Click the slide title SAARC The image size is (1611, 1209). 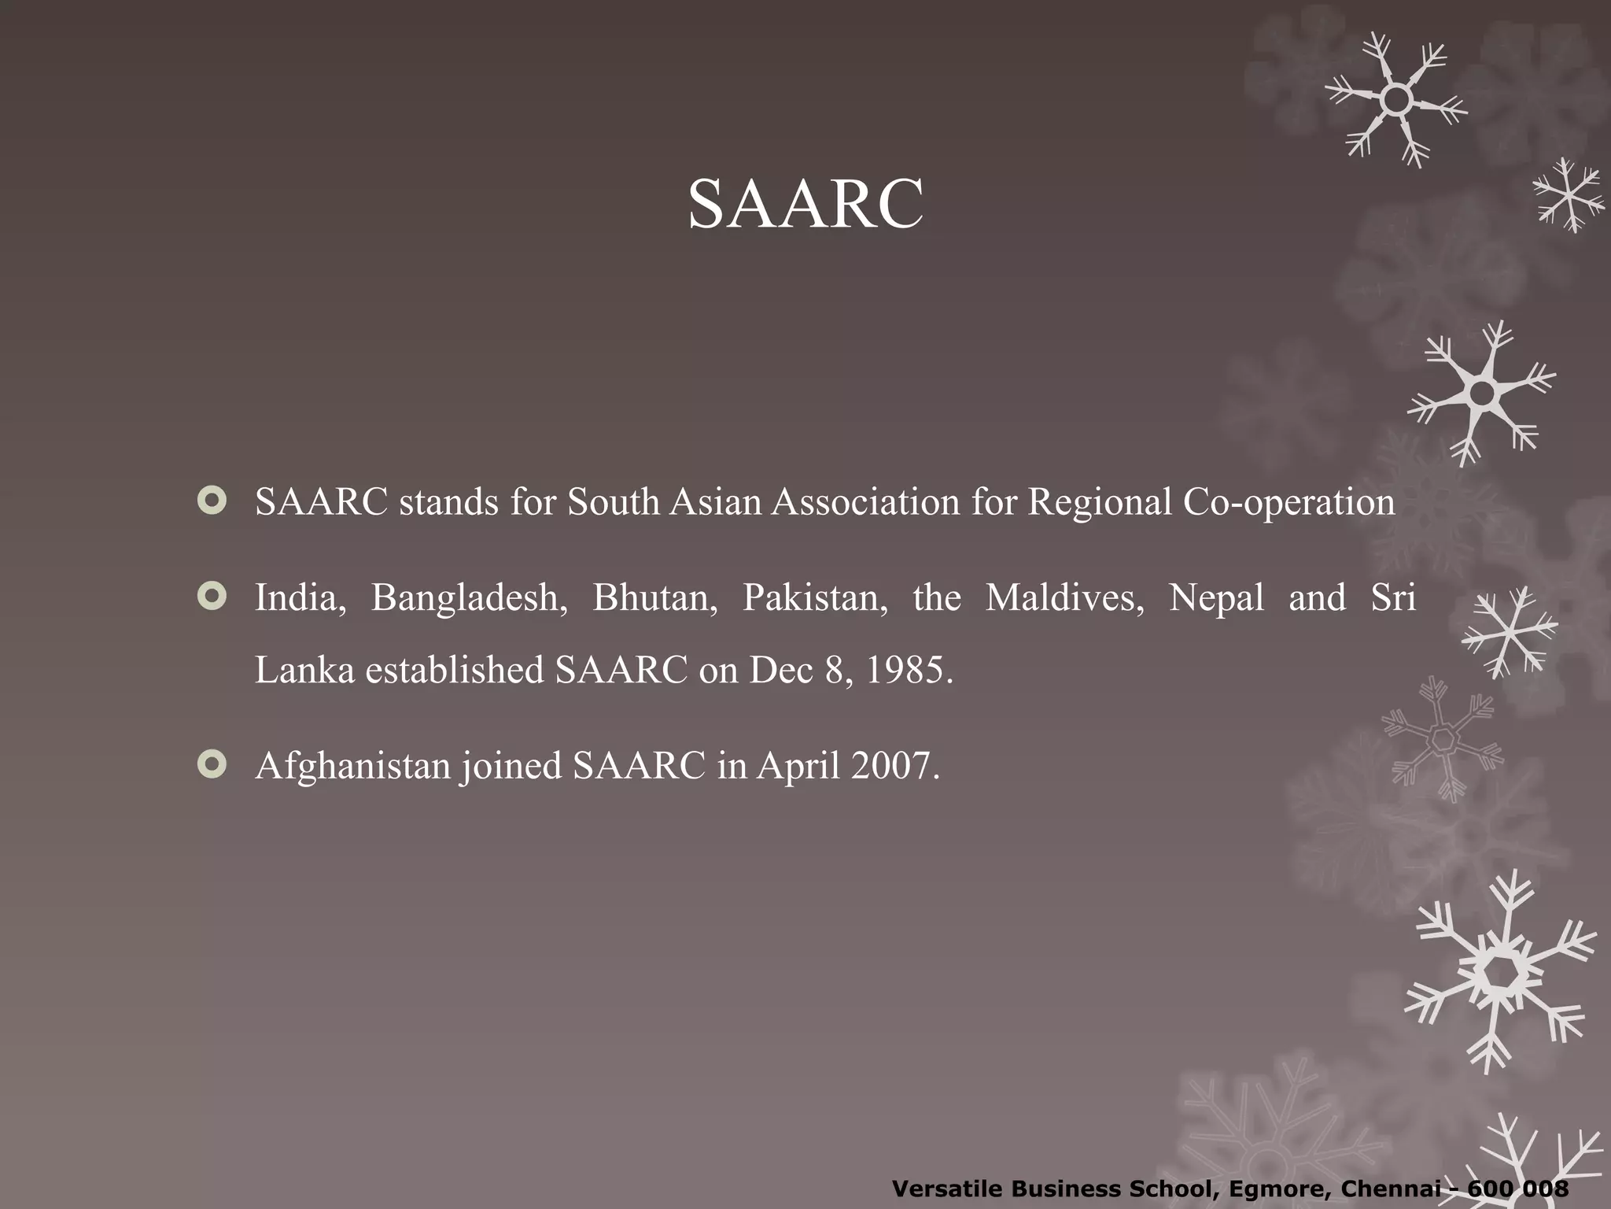pyautogui.click(x=805, y=204)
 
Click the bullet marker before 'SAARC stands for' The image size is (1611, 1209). pyautogui.click(x=212, y=501)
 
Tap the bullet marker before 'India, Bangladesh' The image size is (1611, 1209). pyautogui.click(x=212, y=597)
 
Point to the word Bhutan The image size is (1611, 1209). pyautogui.click(x=654, y=598)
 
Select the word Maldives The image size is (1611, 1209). pyautogui.click(x=1064, y=598)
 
